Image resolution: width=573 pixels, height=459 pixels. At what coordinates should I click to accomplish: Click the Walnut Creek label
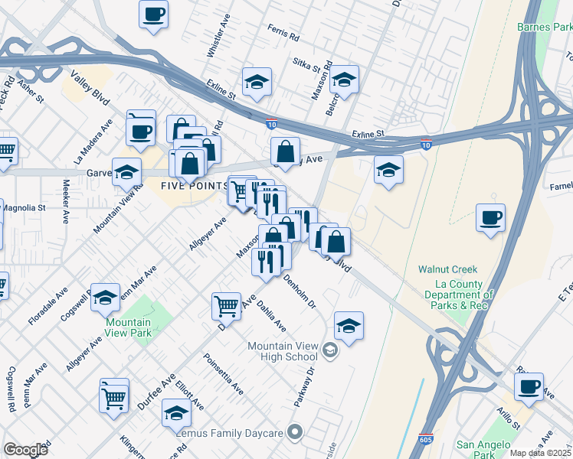pyautogui.click(x=447, y=269)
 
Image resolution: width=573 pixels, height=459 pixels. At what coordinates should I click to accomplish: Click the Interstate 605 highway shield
pyautogui.click(x=426, y=441)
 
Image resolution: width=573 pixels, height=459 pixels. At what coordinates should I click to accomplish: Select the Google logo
pyautogui.click(x=25, y=449)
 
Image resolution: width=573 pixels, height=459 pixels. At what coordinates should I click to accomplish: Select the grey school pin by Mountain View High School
pyautogui.click(x=329, y=351)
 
